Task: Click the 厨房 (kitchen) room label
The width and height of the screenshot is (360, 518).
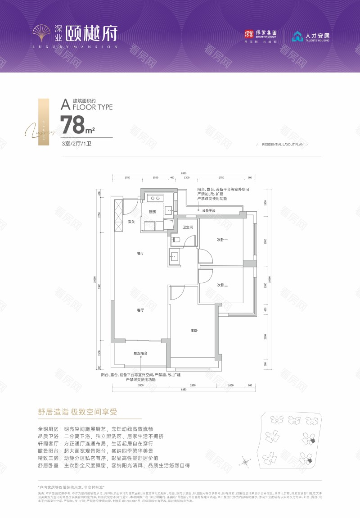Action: [152, 212]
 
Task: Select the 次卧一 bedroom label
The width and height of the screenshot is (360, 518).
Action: [222, 240]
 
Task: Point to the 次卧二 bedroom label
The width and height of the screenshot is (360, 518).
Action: [222, 285]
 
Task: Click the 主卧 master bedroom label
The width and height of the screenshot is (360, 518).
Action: [194, 331]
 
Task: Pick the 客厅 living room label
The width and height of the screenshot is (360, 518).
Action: [140, 310]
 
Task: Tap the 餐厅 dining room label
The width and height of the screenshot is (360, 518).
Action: [140, 254]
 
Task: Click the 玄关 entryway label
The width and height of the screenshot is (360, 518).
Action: [131, 221]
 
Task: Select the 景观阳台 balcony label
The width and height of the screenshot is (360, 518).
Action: [140, 354]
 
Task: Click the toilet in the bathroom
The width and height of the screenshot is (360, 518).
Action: [176, 240]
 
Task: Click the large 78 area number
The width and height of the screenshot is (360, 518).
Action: [73, 124]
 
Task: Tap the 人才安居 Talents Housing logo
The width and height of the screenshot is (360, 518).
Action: [310, 36]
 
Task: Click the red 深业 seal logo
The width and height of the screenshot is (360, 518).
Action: [249, 34]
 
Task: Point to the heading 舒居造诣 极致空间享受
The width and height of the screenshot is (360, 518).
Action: [77, 412]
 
